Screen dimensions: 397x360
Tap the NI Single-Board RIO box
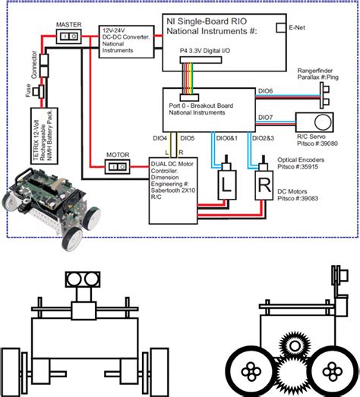click(x=225, y=35)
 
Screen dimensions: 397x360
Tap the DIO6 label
click(x=265, y=91)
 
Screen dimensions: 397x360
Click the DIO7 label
click(x=265, y=117)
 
